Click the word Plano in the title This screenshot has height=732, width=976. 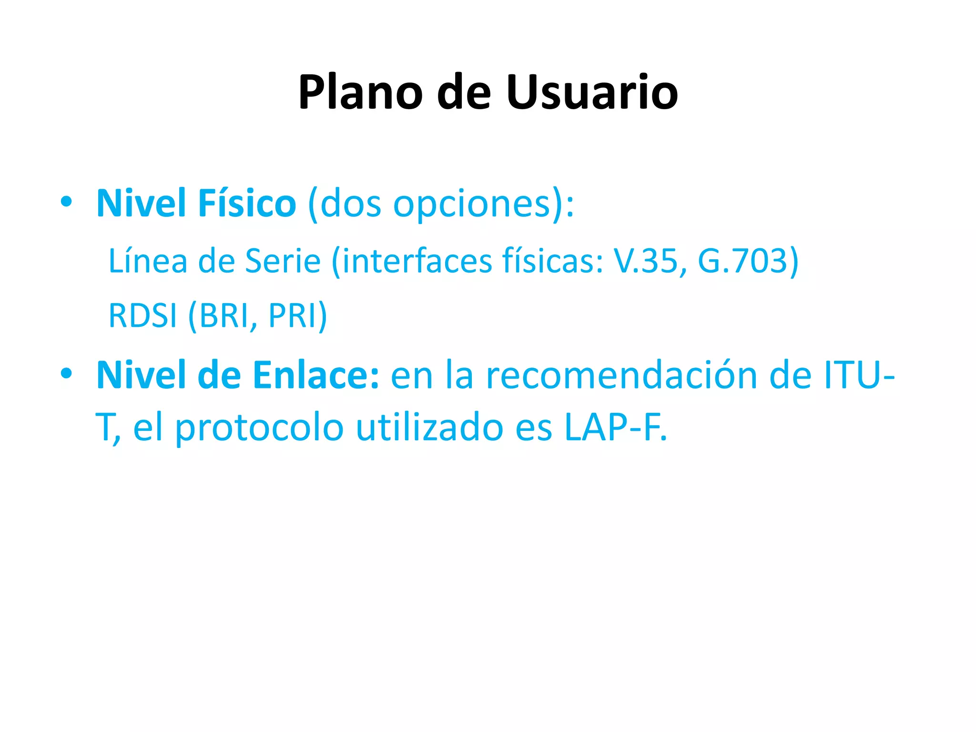[360, 92]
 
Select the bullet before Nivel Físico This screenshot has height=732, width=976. [66, 202]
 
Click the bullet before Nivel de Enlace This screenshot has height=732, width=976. [66, 374]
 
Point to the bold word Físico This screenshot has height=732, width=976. [247, 203]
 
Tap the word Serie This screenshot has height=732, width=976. [283, 261]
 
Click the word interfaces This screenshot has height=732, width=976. [417, 261]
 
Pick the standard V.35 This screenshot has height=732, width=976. [645, 261]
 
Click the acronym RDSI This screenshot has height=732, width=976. [143, 315]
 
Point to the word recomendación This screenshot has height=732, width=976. [621, 376]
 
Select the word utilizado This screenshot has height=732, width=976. [429, 427]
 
